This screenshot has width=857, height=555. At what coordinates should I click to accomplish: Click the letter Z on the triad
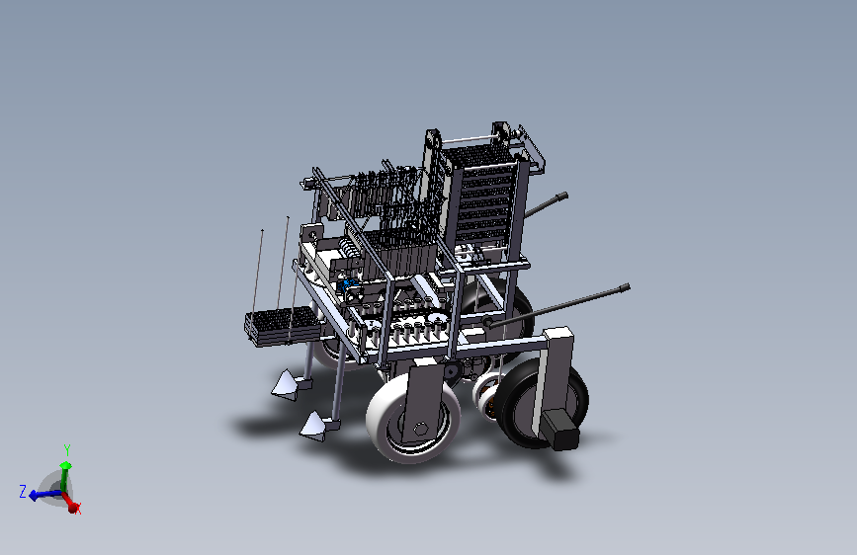click(x=23, y=491)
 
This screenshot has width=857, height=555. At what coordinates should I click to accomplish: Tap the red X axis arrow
click(x=69, y=502)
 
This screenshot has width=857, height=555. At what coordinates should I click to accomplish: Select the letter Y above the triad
click(x=67, y=449)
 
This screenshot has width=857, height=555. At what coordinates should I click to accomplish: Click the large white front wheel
click(x=412, y=418)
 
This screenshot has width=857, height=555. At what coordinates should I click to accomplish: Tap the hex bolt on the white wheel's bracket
click(x=420, y=430)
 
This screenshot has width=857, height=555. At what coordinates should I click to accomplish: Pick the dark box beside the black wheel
click(x=560, y=430)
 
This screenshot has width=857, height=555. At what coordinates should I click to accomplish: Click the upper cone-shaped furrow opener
click(x=287, y=383)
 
